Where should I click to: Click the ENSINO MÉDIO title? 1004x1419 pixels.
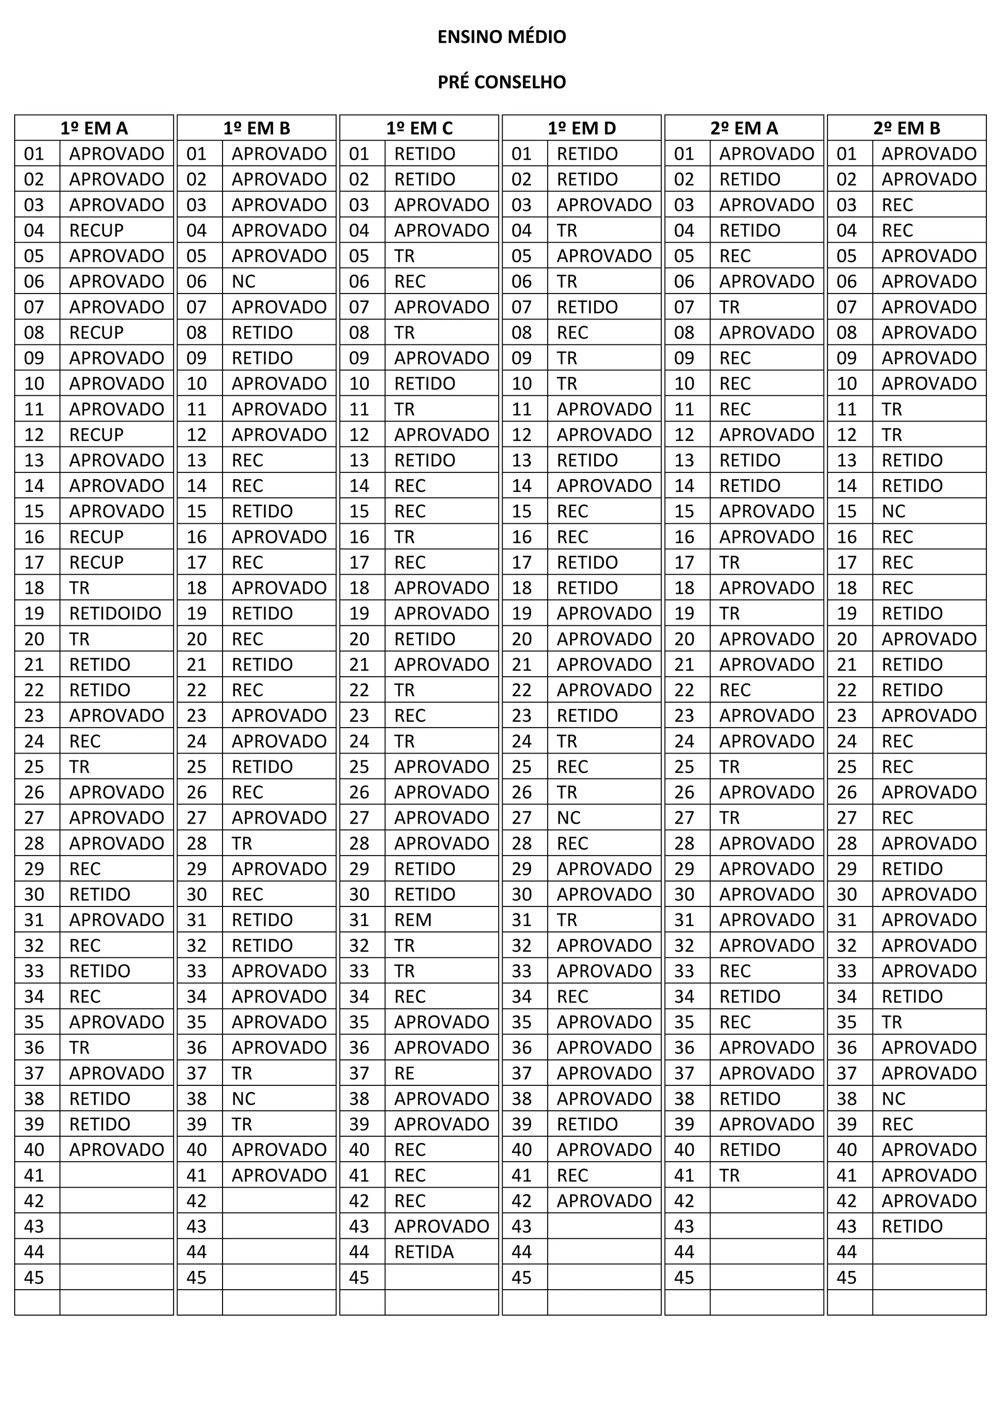(502, 37)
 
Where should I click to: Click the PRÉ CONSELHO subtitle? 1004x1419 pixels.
(502, 82)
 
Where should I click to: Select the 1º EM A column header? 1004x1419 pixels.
(94, 128)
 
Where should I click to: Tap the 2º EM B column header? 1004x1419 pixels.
(906, 128)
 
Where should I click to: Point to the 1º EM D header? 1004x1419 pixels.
(582, 128)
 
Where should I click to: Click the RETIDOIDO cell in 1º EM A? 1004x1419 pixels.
(115, 613)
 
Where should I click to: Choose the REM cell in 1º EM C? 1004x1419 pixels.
(413, 920)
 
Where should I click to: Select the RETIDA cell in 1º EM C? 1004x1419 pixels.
(424, 1252)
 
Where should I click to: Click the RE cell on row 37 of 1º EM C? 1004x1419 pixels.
(404, 1074)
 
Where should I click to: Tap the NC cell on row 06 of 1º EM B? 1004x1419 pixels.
(244, 282)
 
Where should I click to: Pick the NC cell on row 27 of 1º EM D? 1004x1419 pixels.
(569, 818)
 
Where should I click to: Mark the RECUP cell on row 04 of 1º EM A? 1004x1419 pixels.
(97, 230)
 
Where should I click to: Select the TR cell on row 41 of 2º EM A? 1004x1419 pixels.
(729, 1175)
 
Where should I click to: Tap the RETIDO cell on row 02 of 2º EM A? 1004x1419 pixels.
(750, 179)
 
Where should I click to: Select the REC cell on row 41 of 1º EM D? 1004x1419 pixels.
(572, 1175)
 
